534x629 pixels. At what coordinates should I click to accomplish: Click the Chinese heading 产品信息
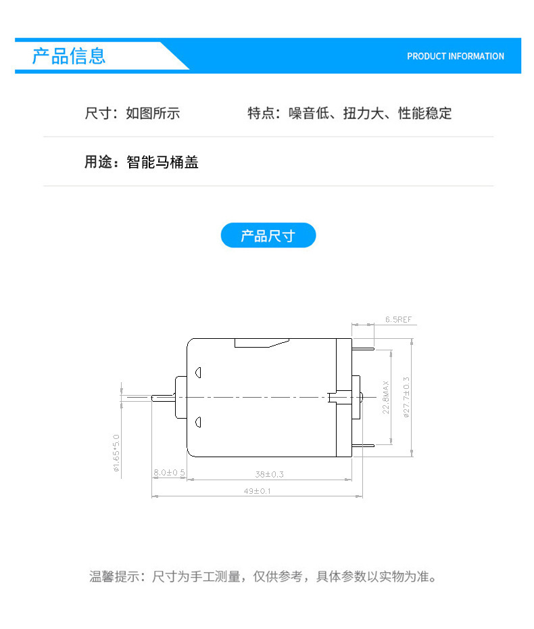click(68, 55)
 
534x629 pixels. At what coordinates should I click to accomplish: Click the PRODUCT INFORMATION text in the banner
click(456, 56)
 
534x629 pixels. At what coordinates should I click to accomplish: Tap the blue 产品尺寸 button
click(268, 235)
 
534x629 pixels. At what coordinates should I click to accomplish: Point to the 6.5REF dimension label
click(399, 319)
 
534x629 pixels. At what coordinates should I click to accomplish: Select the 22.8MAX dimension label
click(386, 398)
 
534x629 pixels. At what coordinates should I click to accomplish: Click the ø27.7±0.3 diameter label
click(406, 398)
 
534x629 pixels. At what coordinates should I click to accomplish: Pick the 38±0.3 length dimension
click(270, 474)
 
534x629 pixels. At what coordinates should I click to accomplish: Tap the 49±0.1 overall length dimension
click(258, 491)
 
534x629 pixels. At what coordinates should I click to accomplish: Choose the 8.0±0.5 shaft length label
click(169, 473)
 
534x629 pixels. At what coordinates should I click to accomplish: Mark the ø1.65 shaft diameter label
click(116, 453)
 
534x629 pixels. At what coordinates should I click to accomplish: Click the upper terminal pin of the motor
click(363, 349)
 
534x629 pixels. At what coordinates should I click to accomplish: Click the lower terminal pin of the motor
click(363, 445)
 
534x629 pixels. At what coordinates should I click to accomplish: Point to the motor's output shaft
click(163, 398)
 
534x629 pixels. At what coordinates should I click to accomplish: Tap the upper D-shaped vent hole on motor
click(198, 373)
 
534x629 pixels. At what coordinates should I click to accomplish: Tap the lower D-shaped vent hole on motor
click(198, 422)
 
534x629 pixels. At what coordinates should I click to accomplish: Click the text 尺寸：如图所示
click(132, 114)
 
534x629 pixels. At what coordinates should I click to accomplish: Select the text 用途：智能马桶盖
click(141, 162)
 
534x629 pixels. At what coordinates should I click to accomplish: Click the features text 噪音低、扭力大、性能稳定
click(370, 114)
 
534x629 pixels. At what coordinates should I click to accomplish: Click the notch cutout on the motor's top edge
click(262, 343)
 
